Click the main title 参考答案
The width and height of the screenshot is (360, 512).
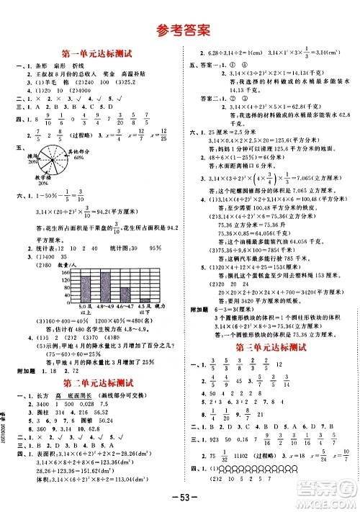coord(180,30)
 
